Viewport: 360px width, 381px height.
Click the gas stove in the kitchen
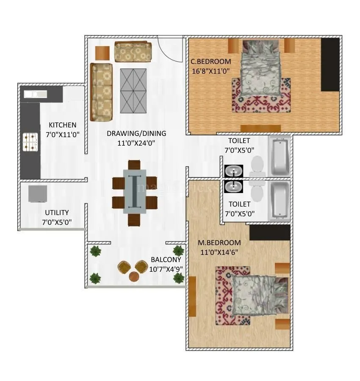[30, 142]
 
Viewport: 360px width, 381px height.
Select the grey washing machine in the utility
[38, 193]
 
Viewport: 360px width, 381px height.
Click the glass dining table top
[135, 191]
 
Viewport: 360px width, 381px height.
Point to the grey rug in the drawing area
[133, 91]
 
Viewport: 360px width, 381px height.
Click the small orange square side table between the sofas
[102, 53]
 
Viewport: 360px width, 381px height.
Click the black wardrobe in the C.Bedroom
[330, 64]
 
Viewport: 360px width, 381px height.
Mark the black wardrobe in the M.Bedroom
[270, 232]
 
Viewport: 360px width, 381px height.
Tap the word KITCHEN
[63, 125]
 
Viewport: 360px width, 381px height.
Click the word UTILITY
[57, 213]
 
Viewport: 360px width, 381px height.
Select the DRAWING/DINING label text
[136, 133]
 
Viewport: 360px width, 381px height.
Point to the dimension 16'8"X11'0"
[210, 71]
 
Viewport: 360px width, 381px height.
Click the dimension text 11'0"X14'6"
[219, 252]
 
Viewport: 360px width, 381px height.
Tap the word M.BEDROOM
[219, 243]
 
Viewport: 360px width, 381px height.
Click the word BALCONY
[166, 260]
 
